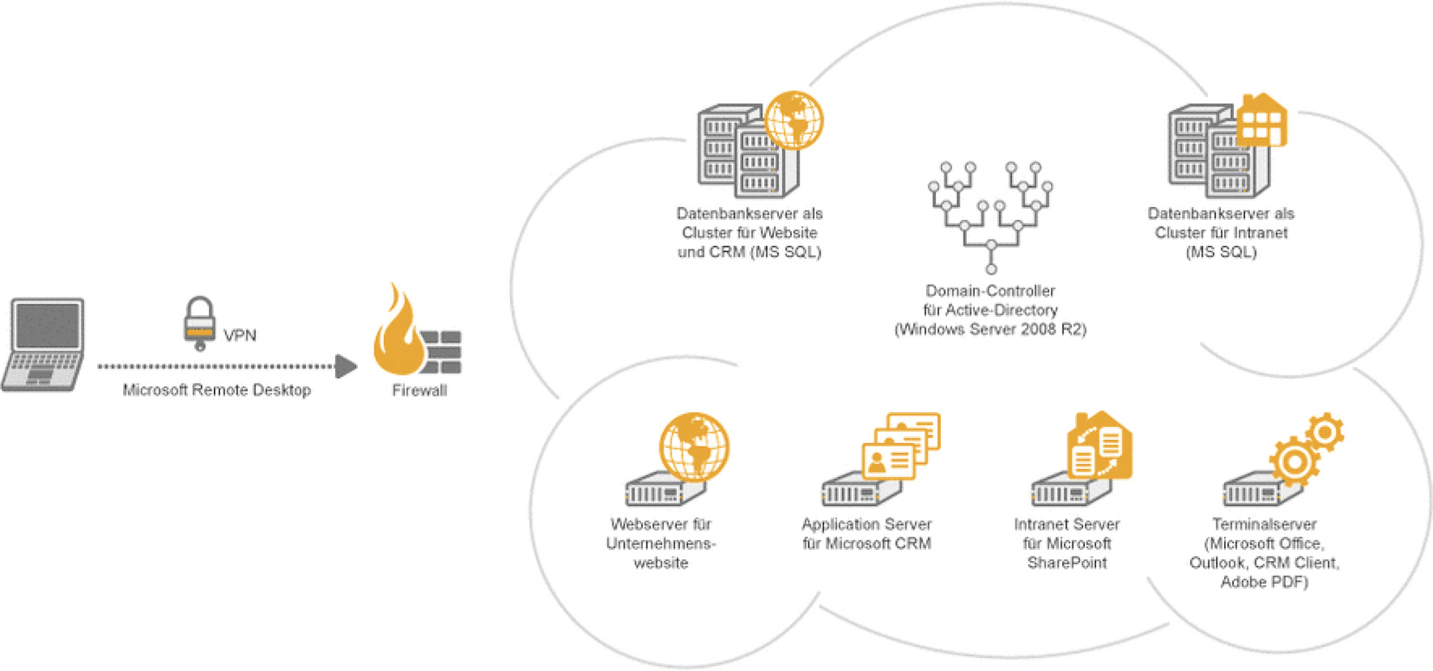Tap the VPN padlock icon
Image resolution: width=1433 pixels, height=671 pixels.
click(x=199, y=322)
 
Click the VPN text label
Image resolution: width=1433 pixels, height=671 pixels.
click(x=240, y=335)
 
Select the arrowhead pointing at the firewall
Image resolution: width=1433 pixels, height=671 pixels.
click(x=346, y=366)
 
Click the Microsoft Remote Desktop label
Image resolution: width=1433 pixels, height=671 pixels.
click(x=217, y=390)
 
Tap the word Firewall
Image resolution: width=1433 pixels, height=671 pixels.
click(x=419, y=390)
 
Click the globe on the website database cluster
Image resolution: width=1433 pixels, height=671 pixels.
click(x=793, y=120)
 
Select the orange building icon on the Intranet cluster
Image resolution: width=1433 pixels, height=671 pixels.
click(x=1261, y=120)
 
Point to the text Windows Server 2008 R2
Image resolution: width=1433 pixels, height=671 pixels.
click(x=990, y=329)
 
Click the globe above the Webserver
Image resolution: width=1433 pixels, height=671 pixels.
click(x=694, y=447)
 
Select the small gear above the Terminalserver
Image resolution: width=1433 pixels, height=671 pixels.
click(x=1325, y=430)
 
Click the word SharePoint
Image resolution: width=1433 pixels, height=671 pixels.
click(x=1067, y=563)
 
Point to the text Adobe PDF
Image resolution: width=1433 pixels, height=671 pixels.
click(x=1264, y=582)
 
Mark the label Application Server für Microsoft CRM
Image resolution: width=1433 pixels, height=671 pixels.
click(x=866, y=534)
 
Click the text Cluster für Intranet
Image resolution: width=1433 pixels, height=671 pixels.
click(x=1221, y=232)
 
